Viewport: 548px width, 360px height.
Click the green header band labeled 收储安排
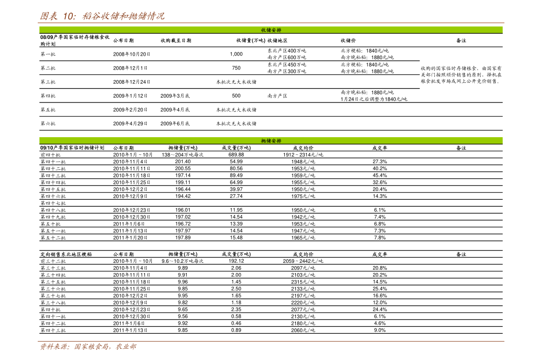271,30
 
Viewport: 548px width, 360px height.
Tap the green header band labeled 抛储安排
271,141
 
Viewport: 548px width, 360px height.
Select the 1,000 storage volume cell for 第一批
236,54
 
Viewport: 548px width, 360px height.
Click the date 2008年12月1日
130,68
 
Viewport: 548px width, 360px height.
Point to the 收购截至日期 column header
176,41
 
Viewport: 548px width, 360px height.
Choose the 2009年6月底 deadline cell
175,123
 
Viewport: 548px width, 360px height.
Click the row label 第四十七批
53,203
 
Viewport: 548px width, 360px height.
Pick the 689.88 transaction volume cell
236,155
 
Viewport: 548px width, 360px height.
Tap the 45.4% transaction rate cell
380,175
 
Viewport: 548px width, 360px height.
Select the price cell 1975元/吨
303,196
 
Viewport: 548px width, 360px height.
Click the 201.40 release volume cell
183,162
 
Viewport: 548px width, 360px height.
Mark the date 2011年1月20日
130,238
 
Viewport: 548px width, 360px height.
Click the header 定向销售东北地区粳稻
66,255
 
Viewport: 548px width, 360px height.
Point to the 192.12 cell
236,261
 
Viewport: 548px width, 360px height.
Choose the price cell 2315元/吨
303,282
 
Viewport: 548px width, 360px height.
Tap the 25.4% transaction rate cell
380,289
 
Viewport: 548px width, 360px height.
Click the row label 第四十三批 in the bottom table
53,330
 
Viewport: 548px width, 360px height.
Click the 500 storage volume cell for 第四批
236,96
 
